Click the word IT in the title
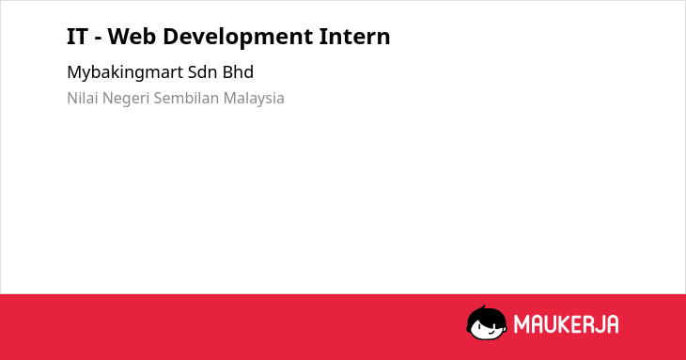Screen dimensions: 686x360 coord(77,37)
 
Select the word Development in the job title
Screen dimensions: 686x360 coord(238,38)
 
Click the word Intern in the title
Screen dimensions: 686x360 coord(354,37)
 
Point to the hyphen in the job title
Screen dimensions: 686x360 coord(98,39)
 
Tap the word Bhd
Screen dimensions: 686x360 coord(238,72)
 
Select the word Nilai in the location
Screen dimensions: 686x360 coord(82,98)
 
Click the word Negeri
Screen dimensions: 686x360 coord(125,99)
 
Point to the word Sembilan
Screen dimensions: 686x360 coord(186,98)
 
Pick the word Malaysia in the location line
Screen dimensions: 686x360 coord(254,99)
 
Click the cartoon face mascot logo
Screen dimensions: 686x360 coord(487,323)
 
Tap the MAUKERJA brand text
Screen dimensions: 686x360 coord(566,324)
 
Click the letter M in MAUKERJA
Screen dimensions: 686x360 coord(521,324)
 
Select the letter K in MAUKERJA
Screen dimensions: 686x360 coord(565,324)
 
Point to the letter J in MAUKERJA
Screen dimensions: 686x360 coord(596,324)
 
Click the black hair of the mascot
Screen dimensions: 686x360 coord(486,315)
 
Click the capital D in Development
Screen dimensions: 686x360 coord(171,37)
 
